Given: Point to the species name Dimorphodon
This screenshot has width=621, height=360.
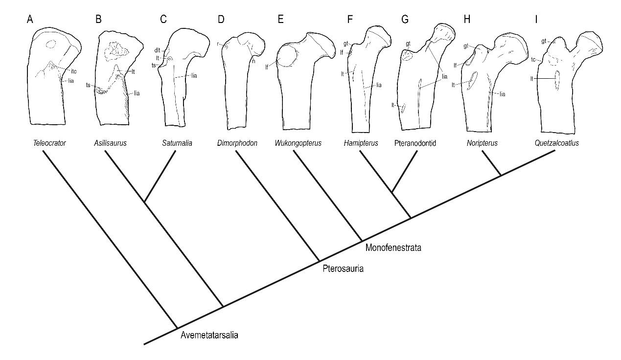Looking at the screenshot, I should tap(237, 143).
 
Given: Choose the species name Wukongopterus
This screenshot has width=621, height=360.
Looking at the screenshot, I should tap(299, 143).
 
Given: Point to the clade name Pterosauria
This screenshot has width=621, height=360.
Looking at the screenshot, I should tap(343, 269).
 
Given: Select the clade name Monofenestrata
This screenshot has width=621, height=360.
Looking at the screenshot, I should tap(393, 248).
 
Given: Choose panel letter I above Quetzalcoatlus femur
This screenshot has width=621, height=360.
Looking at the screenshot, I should tap(538, 20).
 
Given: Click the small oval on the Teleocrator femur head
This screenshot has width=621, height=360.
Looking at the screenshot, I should tap(50, 44).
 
